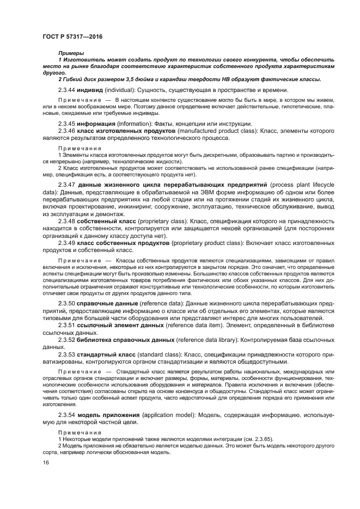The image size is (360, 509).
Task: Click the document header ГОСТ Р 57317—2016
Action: coord(73,36)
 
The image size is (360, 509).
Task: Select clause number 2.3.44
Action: coord(66,90)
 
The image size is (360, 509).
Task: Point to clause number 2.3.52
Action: coord(66,340)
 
